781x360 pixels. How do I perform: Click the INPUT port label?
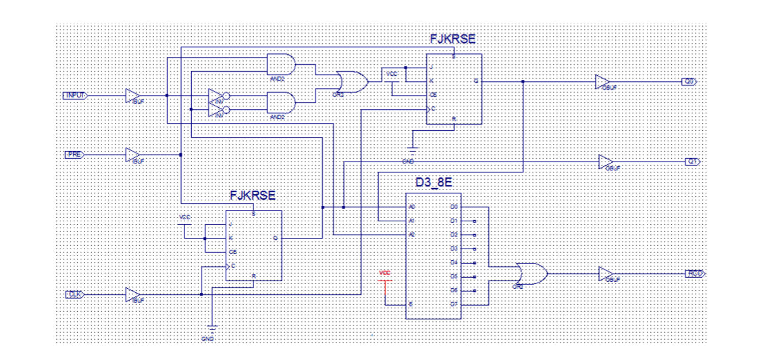pos(75,95)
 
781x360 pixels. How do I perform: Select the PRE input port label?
pos(75,155)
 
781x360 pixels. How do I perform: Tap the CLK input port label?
pos(75,294)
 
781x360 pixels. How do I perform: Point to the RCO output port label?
pos(695,274)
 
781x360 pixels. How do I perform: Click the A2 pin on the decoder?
pos(412,234)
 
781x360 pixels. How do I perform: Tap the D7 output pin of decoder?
pos(454,304)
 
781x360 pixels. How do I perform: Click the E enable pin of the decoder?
pos(410,304)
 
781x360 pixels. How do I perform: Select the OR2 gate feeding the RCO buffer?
pos(530,274)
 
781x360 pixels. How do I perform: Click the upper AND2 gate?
pos(281,64)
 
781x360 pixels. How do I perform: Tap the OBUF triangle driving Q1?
pos(605,162)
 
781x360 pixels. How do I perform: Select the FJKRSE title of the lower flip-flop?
pos(253,195)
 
